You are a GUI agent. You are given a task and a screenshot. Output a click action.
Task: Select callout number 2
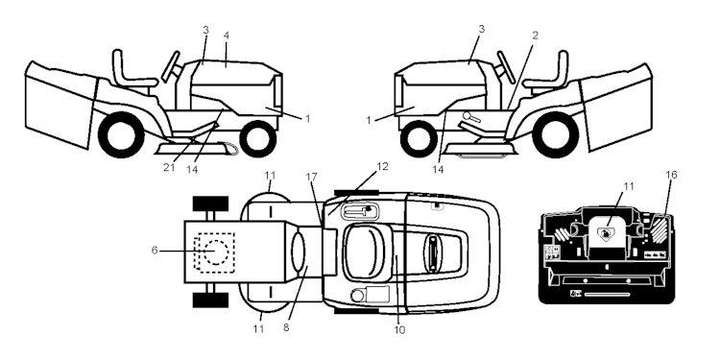(x=534, y=36)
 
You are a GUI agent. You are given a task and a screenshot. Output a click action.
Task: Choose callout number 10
(x=399, y=331)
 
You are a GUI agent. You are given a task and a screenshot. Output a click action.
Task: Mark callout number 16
(x=670, y=176)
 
